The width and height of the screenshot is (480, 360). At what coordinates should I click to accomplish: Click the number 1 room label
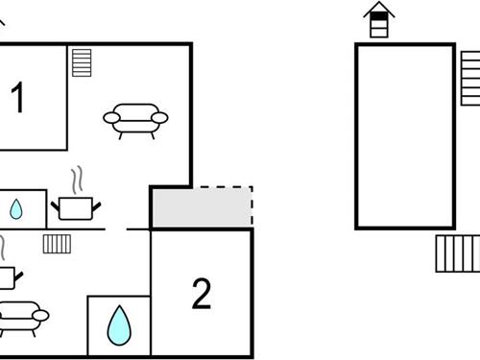tap(17, 98)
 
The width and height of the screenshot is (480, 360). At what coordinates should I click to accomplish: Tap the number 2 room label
tap(202, 294)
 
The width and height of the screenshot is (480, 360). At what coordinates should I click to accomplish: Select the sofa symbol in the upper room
tap(135, 118)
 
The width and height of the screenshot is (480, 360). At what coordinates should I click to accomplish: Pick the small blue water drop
tap(17, 208)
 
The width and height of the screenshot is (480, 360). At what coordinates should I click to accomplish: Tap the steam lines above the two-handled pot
tap(77, 180)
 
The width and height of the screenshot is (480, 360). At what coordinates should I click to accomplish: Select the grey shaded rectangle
tap(201, 207)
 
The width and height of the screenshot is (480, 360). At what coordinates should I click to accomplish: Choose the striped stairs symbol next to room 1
tap(82, 63)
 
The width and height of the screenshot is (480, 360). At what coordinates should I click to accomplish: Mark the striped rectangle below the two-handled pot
tap(57, 243)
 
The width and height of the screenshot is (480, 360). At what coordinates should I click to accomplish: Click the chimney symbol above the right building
tap(379, 20)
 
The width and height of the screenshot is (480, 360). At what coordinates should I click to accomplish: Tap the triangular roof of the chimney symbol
tap(379, 10)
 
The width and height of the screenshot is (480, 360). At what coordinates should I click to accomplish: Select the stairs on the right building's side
tap(469, 78)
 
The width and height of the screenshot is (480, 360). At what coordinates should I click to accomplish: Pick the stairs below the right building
tap(457, 253)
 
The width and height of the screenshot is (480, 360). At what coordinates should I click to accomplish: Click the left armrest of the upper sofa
tap(110, 118)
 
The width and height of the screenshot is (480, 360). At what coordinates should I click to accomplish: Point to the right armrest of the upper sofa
tap(160, 117)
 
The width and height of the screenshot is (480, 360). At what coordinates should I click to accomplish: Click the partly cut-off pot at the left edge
tap(8, 276)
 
